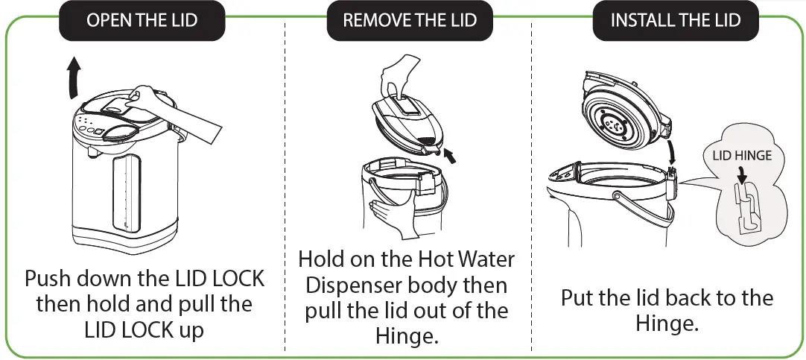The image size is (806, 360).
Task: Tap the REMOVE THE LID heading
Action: pyautogui.click(x=409, y=20)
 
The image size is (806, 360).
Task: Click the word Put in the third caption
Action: pyautogui.click(x=577, y=298)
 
